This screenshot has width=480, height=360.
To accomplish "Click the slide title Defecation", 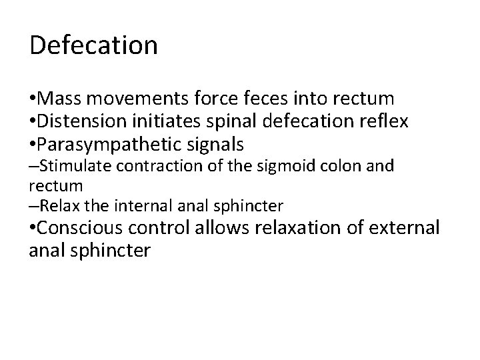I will pyautogui.click(x=94, y=45).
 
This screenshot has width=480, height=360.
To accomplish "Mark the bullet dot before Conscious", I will pyautogui.click(x=33, y=228).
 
